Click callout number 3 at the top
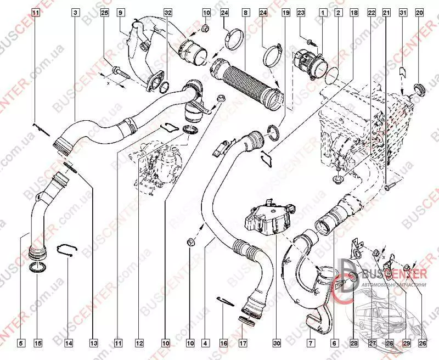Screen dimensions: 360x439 point(75,12)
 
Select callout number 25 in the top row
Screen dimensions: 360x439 point(105,12)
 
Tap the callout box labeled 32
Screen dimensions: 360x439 point(168,12)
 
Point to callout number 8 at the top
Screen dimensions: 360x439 point(245,12)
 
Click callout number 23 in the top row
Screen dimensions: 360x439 point(301,12)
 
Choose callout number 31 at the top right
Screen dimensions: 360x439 point(403,12)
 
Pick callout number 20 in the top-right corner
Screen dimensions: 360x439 point(420,12)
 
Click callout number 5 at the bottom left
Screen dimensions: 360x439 point(21,344)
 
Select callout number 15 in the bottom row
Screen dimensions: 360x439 point(38,344)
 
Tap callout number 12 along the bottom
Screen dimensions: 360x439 point(139,344)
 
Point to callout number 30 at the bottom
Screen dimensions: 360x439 point(277,344)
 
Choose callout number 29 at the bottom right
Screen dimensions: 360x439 point(407,344)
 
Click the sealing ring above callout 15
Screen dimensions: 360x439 point(37,268)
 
